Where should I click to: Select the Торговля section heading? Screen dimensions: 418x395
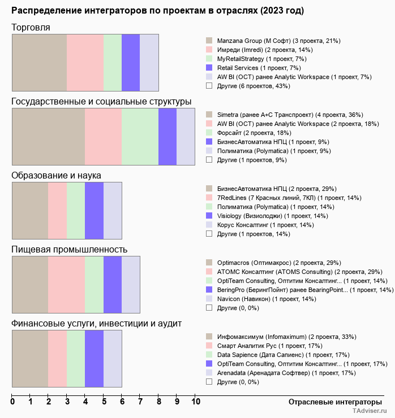(31, 28)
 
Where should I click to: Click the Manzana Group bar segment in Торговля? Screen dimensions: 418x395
(39, 62)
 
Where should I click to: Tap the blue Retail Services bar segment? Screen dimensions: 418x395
(131, 62)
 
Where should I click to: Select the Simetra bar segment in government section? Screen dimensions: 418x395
(48, 136)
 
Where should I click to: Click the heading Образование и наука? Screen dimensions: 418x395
(57, 176)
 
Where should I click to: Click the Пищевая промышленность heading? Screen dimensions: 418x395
(69, 250)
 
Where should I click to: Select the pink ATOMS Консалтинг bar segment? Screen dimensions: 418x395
(66, 284)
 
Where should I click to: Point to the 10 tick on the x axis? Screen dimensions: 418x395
(195, 402)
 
